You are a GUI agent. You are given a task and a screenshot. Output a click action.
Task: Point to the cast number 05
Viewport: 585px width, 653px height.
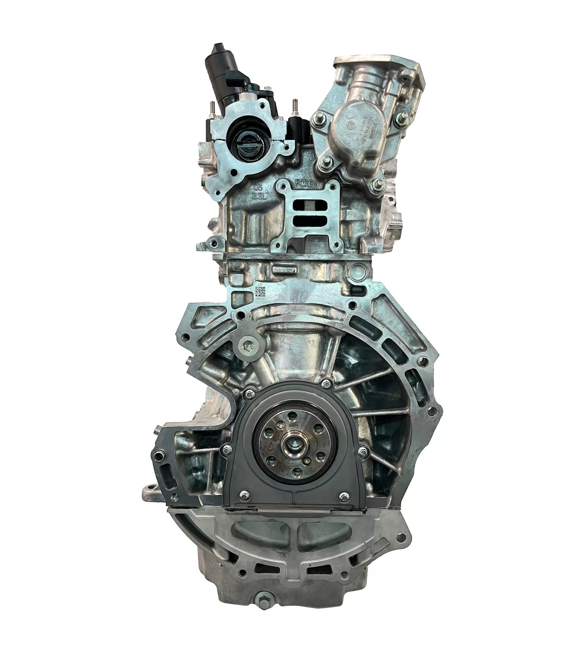[x=259, y=188]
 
